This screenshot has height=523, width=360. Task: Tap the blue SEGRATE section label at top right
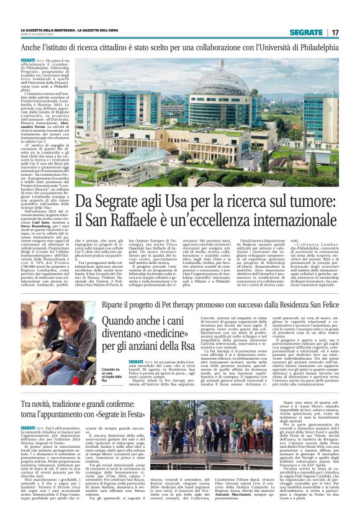point(308,32)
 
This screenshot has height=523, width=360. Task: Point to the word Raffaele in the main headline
point(158,221)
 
